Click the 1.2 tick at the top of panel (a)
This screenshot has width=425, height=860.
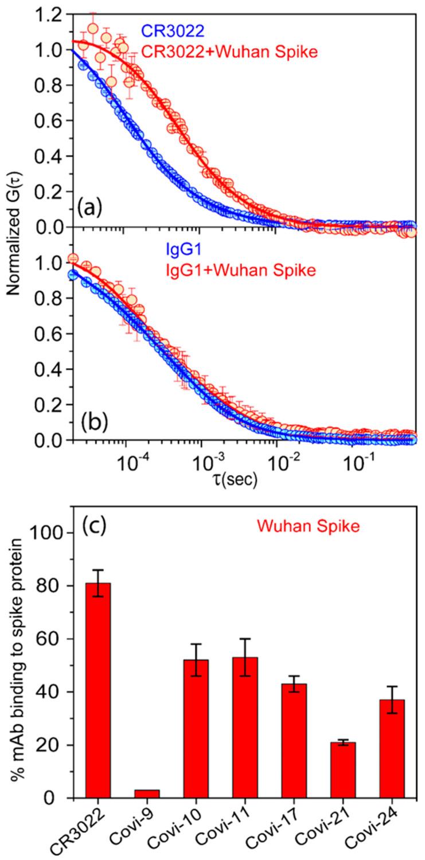[x=49, y=15]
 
